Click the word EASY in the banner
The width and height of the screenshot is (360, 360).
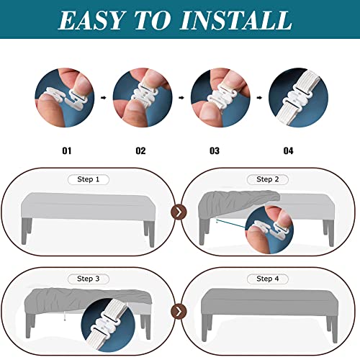point(91,20)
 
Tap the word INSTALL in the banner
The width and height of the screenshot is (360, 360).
point(236,20)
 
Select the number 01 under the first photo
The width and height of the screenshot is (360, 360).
point(67,150)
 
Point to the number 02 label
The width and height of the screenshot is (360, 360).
point(140,150)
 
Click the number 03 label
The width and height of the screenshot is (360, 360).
point(215,150)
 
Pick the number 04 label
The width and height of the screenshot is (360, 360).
point(288,150)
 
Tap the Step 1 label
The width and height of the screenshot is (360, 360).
point(89,179)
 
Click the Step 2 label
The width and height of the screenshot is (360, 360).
point(268,179)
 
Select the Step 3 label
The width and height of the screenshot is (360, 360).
point(89,279)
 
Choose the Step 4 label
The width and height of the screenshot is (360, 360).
point(268,279)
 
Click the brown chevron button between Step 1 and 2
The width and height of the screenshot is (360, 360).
point(179,212)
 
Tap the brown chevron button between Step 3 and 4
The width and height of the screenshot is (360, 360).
point(179,312)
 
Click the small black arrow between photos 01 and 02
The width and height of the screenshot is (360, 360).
point(104,97)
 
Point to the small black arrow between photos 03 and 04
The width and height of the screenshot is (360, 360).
point(259,97)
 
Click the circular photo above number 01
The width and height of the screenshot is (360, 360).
point(65,97)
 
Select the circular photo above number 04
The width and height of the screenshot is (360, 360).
point(298,97)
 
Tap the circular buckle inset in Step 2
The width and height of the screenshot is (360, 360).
point(269,230)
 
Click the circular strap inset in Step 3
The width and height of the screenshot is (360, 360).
point(108,325)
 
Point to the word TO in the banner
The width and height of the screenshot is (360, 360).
point(152,20)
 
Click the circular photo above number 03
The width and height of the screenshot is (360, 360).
point(220,97)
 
